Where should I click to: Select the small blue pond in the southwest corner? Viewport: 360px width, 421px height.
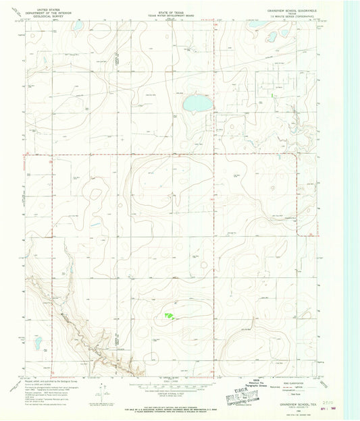39,344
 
